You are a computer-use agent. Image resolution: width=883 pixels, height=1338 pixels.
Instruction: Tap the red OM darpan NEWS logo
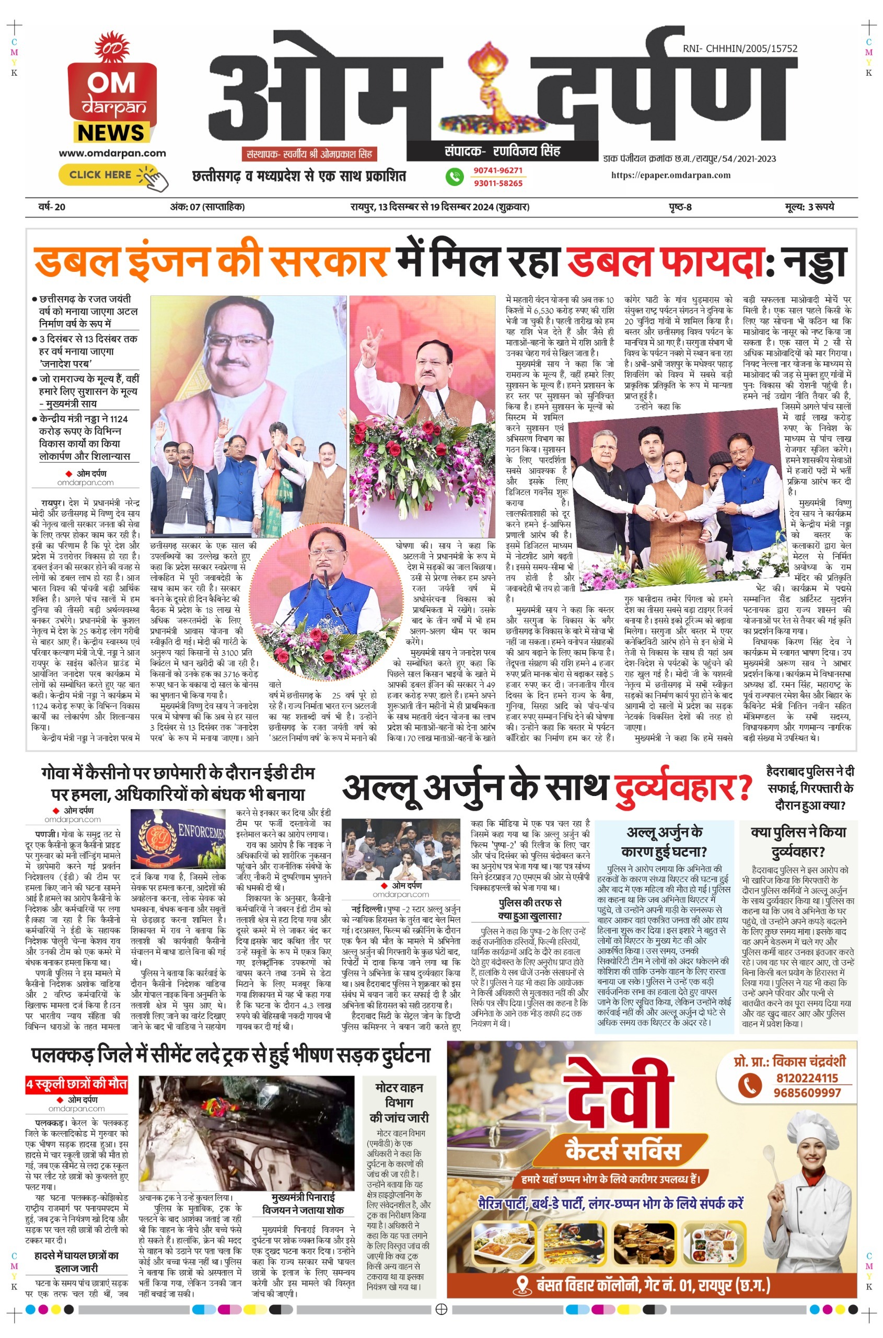point(111,96)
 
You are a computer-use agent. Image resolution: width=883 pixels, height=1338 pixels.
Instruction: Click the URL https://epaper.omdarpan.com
point(671,175)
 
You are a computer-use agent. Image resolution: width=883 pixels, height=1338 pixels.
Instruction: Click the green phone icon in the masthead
point(454,176)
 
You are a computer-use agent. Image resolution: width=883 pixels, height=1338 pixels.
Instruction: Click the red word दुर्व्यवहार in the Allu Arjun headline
point(682,787)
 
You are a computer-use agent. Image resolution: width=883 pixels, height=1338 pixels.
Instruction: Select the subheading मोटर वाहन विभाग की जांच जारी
point(399,1102)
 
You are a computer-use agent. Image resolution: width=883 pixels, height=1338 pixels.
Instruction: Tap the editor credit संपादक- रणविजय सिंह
point(502,151)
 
